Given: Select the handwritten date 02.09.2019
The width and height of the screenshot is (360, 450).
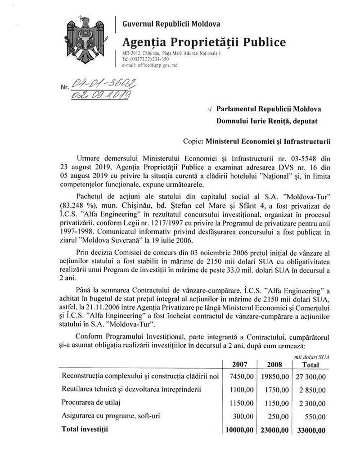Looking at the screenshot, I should click(x=101, y=95).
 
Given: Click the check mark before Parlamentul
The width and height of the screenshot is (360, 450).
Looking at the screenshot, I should click(x=210, y=109).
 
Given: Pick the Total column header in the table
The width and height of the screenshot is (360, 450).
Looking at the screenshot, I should click(x=310, y=364).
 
